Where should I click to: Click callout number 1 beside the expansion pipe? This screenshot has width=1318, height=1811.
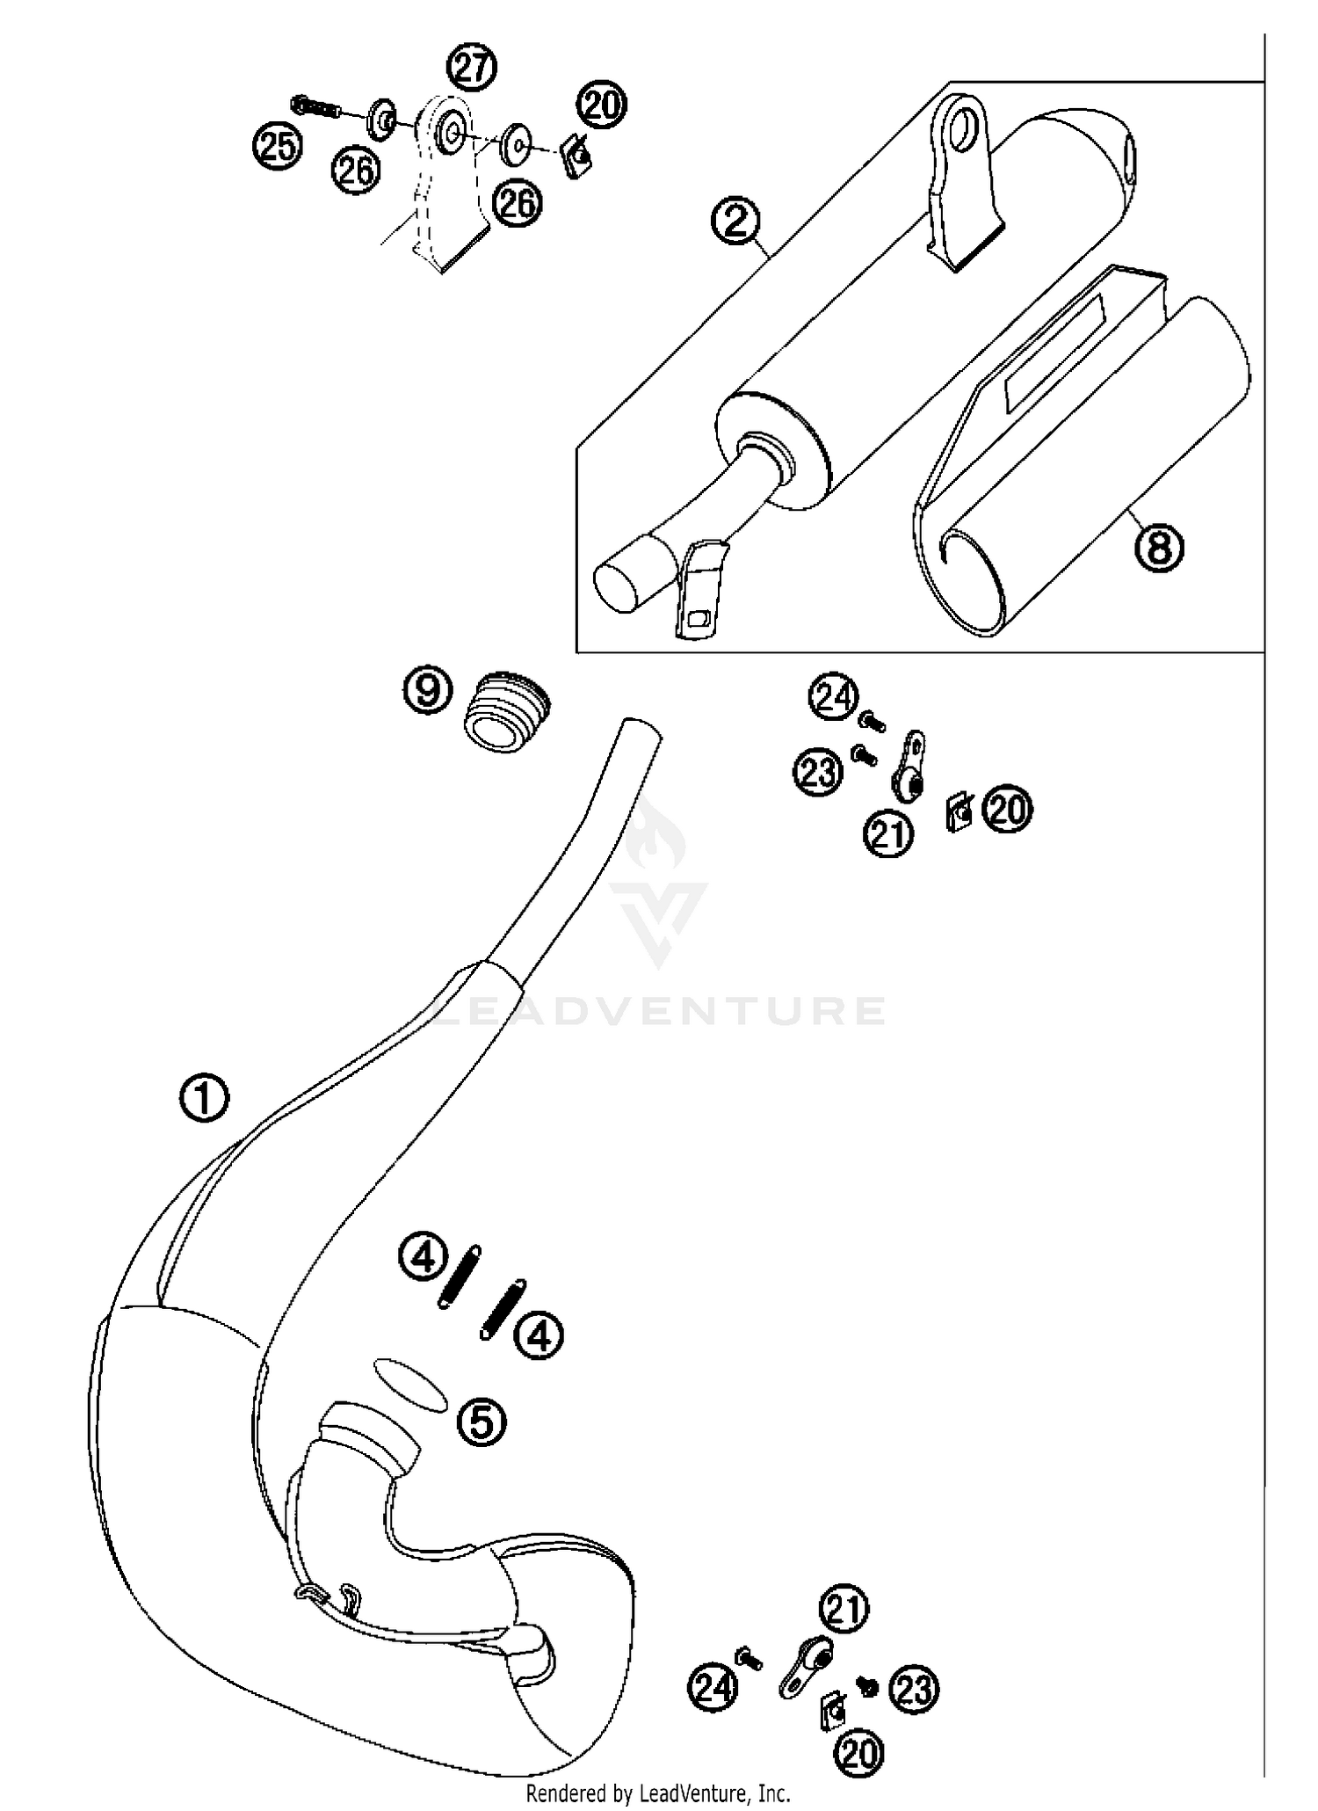coord(204,1099)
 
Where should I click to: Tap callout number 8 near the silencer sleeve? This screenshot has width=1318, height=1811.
coord(1159,549)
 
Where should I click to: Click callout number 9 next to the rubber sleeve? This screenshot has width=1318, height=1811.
coord(428,690)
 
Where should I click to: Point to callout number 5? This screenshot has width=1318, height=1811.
coord(482,1422)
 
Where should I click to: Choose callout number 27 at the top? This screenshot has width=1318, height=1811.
coord(473,69)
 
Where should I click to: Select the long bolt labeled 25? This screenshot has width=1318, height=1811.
coord(315,108)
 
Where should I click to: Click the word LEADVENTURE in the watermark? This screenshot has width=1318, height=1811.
coord(659,1012)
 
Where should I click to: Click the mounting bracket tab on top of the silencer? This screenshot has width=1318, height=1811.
coord(960,176)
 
